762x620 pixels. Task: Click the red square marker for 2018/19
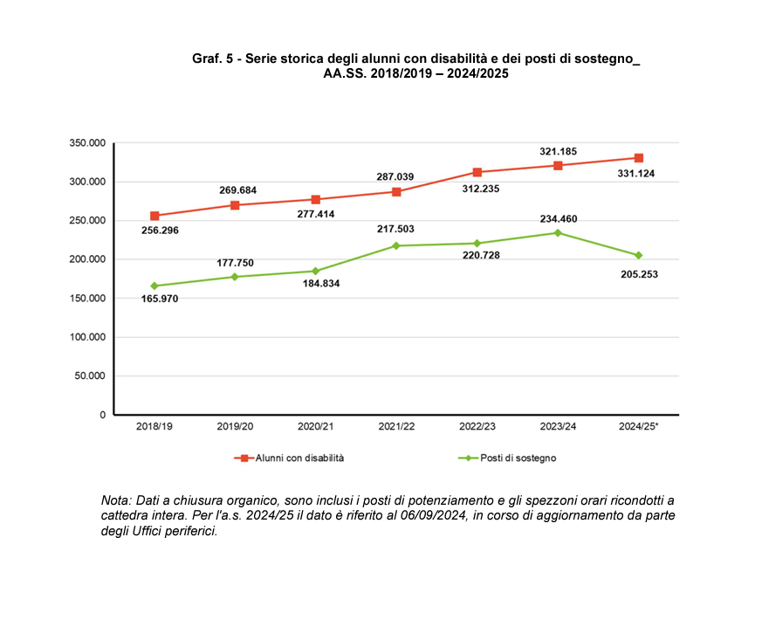pos(154,216)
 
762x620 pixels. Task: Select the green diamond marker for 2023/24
pos(558,232)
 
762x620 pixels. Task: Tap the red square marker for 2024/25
pos(638,158)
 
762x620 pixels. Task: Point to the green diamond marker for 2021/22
pos(396,245)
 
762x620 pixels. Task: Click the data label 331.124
pos(635,174)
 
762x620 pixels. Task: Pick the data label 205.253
pos(636,273)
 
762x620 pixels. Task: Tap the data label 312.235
pos(477,188)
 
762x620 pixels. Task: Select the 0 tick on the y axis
pos(102,415)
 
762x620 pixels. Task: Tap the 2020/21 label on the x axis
pos(315,427)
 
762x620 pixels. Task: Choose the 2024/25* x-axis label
pos(638,427)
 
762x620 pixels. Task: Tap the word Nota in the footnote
pos(115,500)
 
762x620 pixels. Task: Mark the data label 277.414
pos(315,214)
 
